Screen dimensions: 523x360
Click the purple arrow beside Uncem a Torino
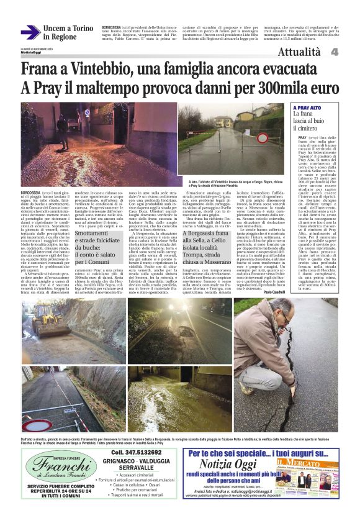coord(29,32)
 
